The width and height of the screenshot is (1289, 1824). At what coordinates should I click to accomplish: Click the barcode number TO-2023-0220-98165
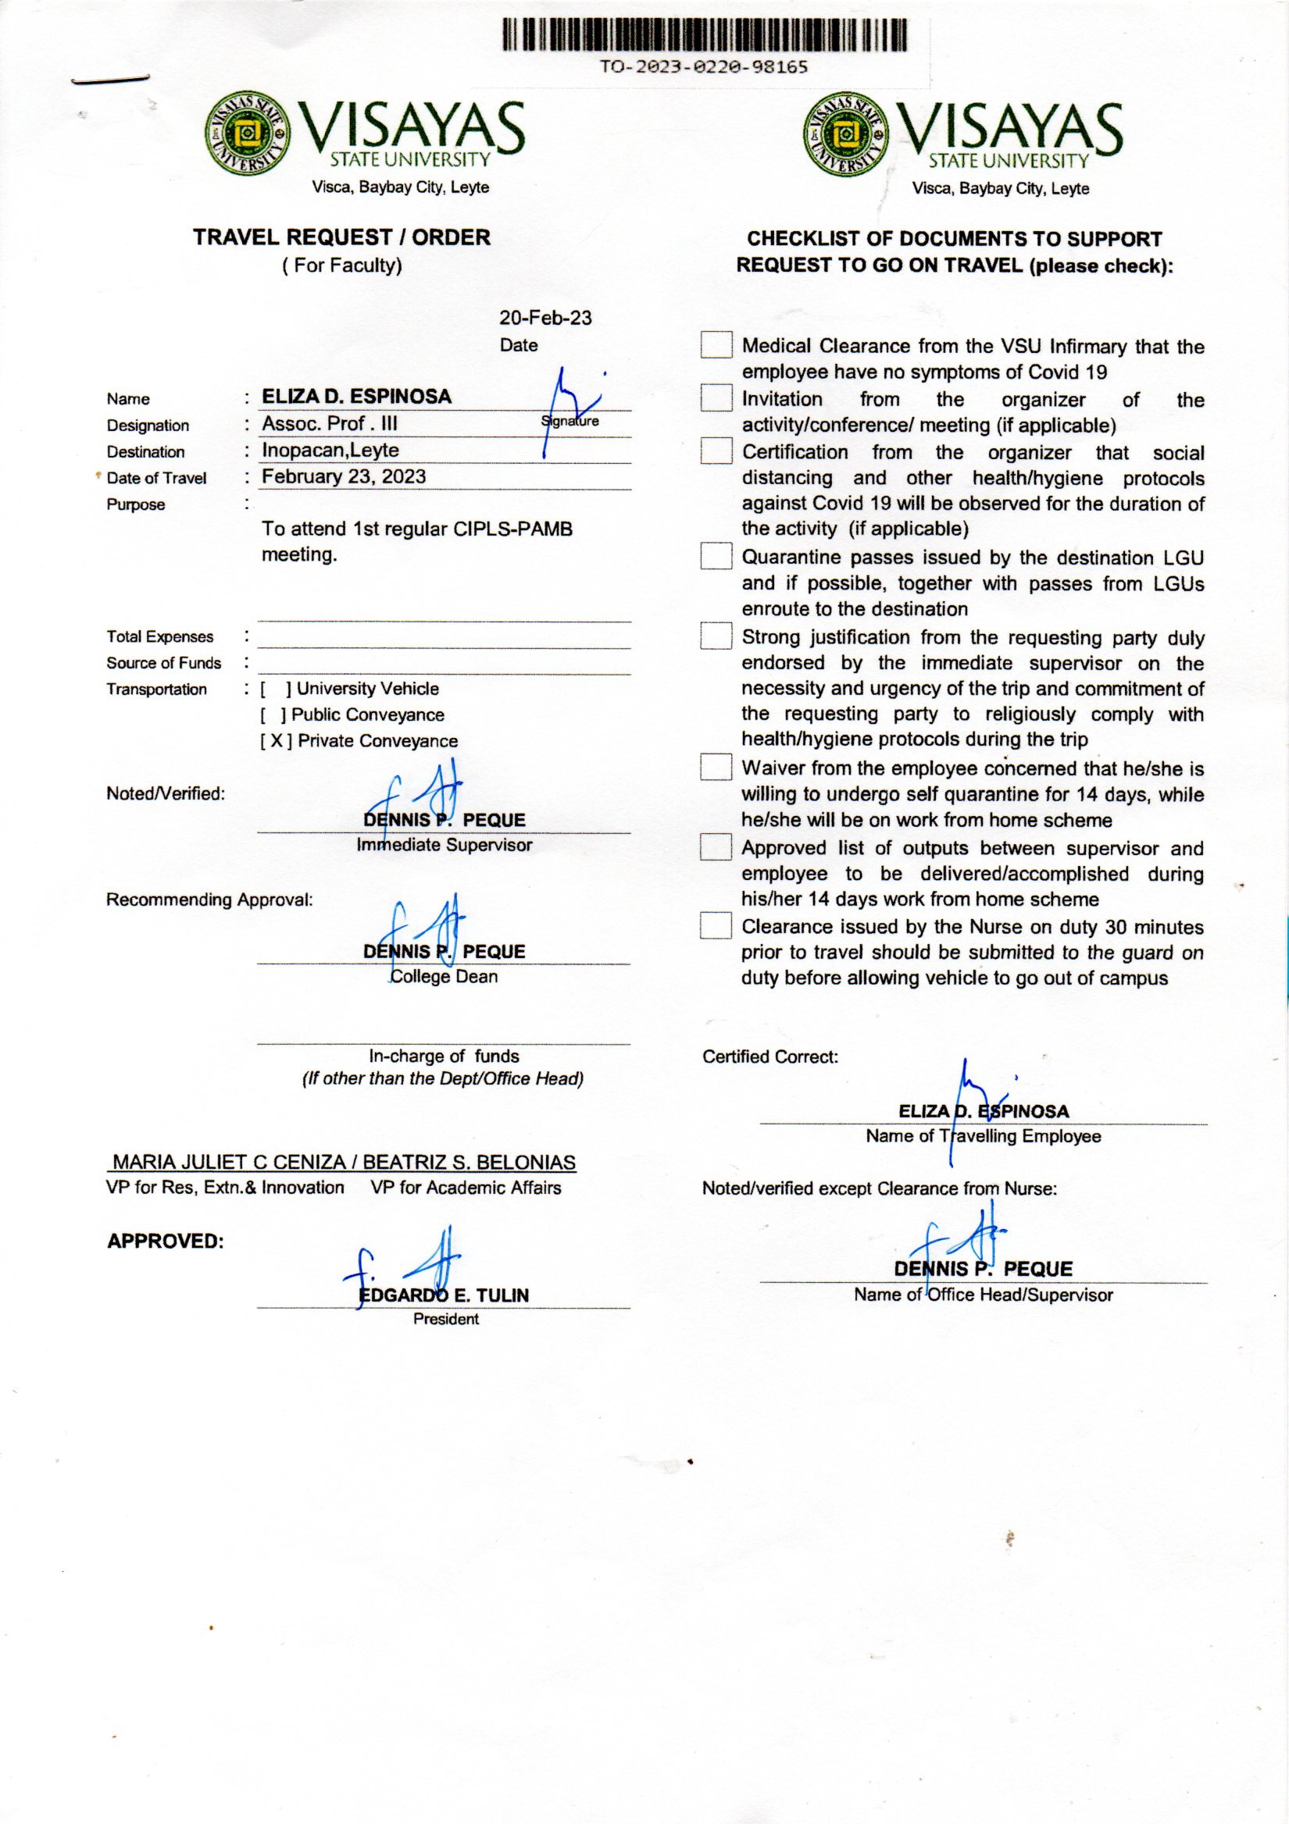pos(703,66)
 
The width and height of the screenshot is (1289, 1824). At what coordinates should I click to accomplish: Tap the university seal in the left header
pos(247,133)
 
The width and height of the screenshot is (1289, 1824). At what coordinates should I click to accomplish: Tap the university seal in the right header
pos(845,134)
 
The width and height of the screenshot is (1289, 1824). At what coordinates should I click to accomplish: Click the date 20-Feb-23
pos(545,318)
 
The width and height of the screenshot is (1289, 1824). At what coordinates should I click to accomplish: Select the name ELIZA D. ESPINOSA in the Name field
pos(357,397)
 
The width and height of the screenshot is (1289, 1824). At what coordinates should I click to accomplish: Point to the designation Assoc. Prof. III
pos(329,423)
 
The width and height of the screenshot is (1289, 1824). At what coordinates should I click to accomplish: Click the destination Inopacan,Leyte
pos(330,450)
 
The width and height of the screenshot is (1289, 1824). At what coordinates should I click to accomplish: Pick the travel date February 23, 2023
pos(343,476)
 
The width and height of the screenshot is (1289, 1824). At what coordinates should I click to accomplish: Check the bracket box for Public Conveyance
pos(273,715)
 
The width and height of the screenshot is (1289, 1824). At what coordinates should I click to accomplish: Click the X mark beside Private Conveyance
pos(276,741)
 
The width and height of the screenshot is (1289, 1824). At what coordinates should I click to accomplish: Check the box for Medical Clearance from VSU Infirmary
pos(716,345)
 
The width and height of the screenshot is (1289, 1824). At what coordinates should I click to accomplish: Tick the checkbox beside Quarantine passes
pos(716,556)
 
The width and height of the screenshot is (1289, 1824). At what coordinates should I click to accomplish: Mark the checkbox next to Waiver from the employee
pos(716,767)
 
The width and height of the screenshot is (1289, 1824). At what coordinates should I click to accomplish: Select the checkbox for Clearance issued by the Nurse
pos(716,925)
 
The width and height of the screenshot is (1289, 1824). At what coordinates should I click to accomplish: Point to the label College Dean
pos(445,976)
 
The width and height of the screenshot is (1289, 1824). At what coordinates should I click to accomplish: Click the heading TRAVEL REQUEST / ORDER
pos(341,237)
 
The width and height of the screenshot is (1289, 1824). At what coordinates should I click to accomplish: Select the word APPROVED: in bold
pos(166,1241)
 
